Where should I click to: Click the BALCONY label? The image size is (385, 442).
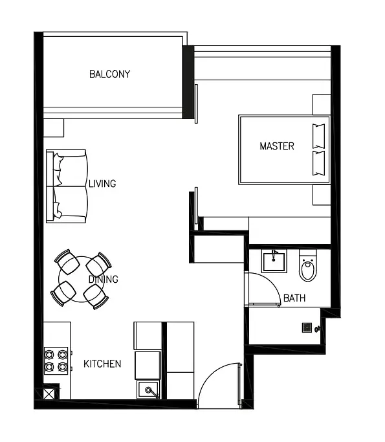pos(109,74)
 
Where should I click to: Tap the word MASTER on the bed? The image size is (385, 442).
pos(277,146)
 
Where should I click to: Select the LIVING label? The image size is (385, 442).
pos(102,184)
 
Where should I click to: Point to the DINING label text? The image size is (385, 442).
pos(103,280)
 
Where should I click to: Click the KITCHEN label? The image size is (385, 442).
pos(102,364)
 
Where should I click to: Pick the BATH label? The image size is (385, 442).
pos(294,298)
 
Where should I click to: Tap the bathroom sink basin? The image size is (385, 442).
pos(274,261)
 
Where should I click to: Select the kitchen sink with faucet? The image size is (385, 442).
pos(148,390)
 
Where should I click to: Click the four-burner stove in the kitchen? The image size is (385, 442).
pos(56,360)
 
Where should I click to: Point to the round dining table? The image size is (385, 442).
pos(81,279)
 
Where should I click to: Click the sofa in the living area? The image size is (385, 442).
pos(67,186)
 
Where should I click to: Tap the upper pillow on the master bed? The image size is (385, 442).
pos(318,136)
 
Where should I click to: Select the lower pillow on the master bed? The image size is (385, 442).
pos(318,163)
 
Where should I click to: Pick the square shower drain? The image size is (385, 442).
pos(307,327)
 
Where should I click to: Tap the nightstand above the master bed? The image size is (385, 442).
pos(322,104)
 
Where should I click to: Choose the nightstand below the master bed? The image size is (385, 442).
pos(322,195)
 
